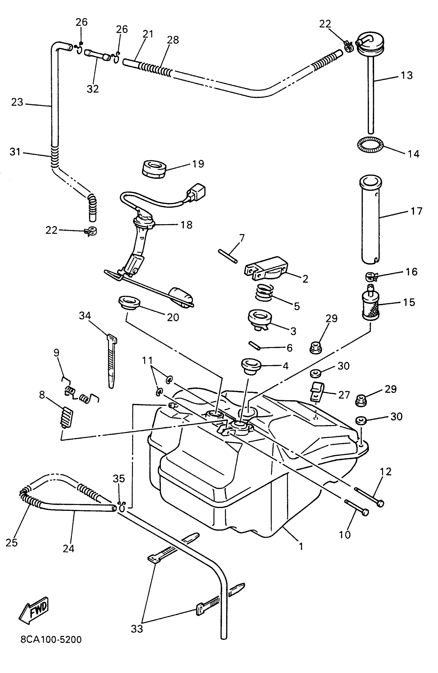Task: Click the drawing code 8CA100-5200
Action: coord(51,639)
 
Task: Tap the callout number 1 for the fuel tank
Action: coord(301,546)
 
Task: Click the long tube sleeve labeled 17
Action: coord(370,220)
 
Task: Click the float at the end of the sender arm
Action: coord(181,296)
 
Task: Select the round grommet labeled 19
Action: coord(154,169)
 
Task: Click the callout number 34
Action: coord(85,316)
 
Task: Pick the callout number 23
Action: coord(17,102)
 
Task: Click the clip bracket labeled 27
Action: coord(317,391)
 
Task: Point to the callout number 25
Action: coord(12,542)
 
